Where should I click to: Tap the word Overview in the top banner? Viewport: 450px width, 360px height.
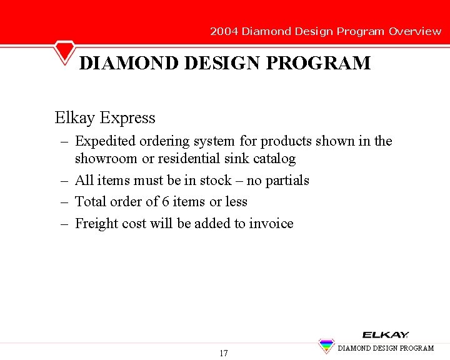pos(415,31)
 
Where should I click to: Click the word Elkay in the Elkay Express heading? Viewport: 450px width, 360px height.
pos(75,117)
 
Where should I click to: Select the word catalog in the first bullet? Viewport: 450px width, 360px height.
pos(274,159)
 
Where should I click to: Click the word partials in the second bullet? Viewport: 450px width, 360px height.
pos(287,181)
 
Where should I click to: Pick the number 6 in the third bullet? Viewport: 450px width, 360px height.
pos(164,202)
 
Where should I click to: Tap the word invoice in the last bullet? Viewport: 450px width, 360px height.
pos(271,224)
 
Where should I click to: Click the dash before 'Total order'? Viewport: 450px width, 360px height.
pos(64,202)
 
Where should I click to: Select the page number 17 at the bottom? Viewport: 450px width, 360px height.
pos(224,353)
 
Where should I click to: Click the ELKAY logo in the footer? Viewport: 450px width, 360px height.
pos(385,335)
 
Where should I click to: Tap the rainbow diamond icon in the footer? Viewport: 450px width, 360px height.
pos(326,346)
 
